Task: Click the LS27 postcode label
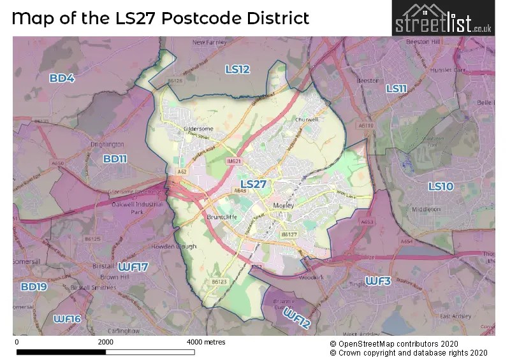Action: [253, 184]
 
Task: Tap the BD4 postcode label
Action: [62, 78]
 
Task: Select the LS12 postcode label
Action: [237, 69]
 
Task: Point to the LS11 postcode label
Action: [396, 89]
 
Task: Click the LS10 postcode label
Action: [440, 186]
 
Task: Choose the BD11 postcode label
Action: [115, 159]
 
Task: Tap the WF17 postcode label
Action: [133, 266]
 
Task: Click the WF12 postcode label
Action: [297, 319]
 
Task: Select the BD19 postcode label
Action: [34, 287]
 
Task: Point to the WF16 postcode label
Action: [67, 319]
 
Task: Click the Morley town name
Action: [281, 206]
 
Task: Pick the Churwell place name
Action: [306, 119]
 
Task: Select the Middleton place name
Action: [425, 209]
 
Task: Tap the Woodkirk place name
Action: [312, 278]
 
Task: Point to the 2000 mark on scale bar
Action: [106, 342]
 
